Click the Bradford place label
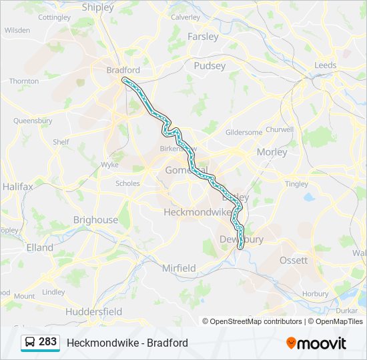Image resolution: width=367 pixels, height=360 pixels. [x=123, y=69]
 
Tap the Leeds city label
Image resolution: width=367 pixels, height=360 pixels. [x=326, y=65]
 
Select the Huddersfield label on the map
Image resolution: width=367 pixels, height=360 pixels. [x=93, y=311]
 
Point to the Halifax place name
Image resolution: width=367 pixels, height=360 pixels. [x=17, y=187]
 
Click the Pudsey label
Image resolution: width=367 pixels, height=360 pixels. [x=210, y=65]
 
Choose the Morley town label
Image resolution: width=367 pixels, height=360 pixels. [x=272, y=152]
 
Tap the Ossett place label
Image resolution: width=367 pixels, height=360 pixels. [x=294, y=260]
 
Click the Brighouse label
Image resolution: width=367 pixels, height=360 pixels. [x=95, y=220]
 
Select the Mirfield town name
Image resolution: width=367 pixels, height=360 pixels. [x=179, y=268]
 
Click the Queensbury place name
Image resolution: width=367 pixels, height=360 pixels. [x=33, y=121]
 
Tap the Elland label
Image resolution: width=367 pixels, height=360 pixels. [x=39, y=247]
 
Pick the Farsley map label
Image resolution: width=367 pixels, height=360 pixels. [x=203, y=37]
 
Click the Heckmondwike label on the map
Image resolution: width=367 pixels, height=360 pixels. [x=198, y=211]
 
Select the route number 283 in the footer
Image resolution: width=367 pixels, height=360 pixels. [x=47, y=342]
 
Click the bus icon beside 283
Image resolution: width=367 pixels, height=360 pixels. [x=30, y=343]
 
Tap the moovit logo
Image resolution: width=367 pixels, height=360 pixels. [x=316, y=343]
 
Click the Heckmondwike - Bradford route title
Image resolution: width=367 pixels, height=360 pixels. [x=127, y=343]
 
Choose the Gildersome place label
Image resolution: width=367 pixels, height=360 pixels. [x=244, y=133]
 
